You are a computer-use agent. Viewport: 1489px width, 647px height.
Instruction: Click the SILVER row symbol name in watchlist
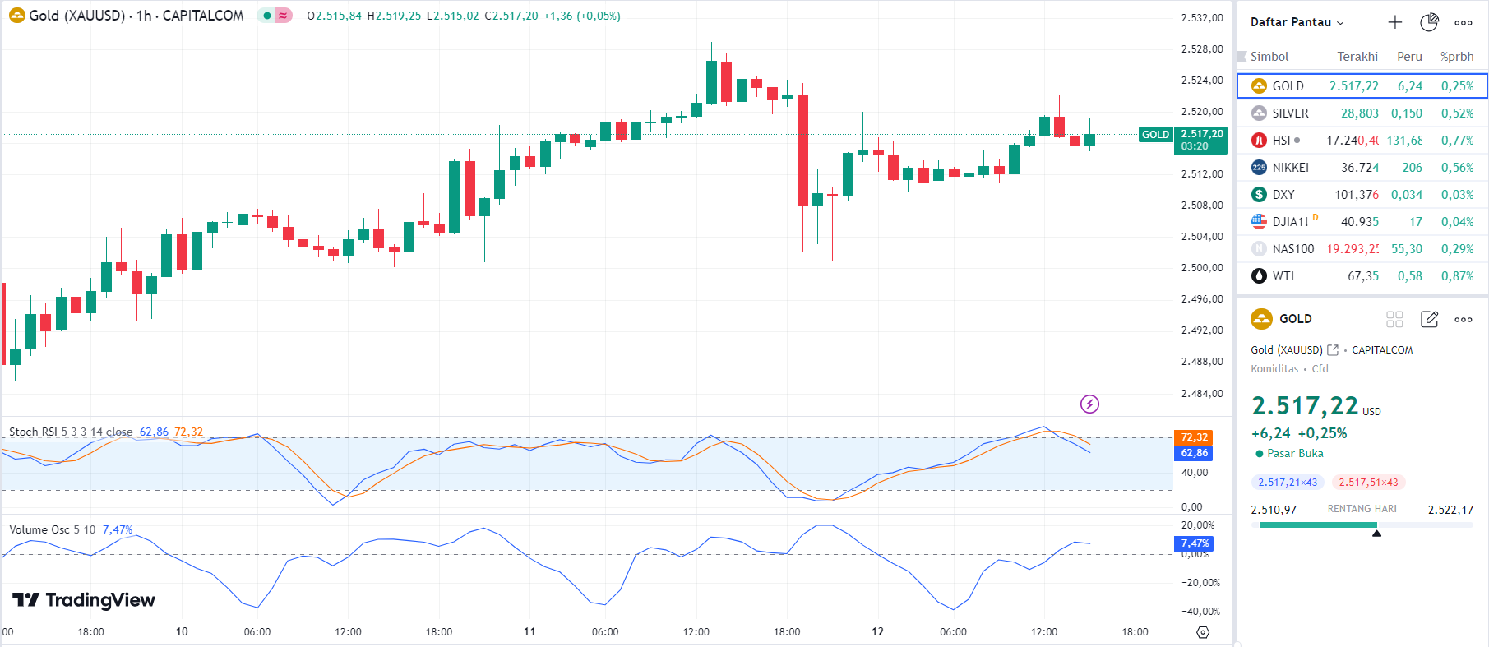1289,113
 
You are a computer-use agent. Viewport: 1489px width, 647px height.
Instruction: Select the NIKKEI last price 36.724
1359,168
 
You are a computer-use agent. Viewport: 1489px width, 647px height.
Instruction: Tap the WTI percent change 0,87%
1456,276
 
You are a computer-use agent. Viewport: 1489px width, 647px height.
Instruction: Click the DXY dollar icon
1259,195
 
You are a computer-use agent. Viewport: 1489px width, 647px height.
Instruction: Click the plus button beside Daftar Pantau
1394,22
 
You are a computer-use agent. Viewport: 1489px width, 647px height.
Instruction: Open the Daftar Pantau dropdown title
1297,22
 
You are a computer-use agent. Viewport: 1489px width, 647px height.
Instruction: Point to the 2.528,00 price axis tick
1201,49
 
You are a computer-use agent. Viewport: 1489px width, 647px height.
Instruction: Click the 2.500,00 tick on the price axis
1201,268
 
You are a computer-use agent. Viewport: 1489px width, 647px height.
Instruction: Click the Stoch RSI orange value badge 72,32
1194,437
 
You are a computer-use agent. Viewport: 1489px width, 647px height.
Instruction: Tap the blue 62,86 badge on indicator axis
1194,453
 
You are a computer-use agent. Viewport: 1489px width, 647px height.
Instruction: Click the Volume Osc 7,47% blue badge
1194,543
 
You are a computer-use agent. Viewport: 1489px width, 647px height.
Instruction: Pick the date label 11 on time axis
529,631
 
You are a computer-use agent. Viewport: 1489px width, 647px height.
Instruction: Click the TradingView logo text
99,600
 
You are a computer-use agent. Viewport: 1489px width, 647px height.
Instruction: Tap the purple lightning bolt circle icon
1089,404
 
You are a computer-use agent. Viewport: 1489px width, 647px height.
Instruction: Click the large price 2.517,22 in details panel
1304,406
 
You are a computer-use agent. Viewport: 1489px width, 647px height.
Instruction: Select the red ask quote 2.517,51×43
1368,483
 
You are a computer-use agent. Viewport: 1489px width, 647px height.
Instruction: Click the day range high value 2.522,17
1450,510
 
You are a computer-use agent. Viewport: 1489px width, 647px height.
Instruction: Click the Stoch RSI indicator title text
70,432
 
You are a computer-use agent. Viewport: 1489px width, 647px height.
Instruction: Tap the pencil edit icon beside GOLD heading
1429,319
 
